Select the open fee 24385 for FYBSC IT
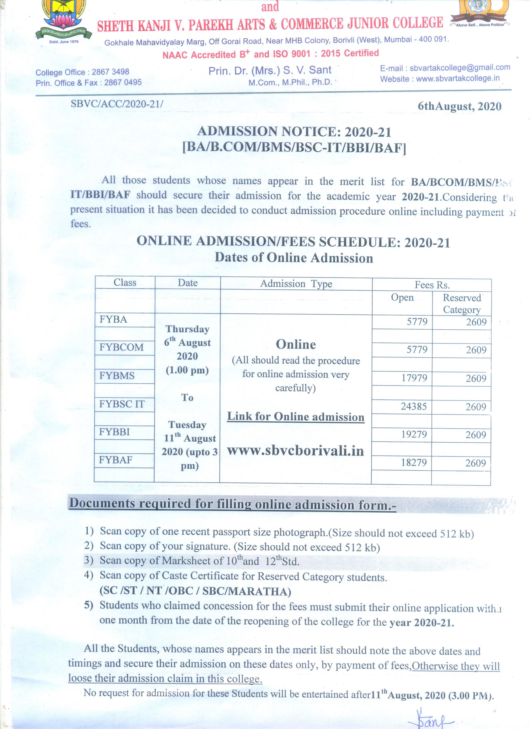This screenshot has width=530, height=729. click(x=414, y=406)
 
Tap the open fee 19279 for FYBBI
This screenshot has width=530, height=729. click(x=414, y=434)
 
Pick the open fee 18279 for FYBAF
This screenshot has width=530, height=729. click(x=414, y=463)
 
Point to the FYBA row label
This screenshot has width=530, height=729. click(x=113, y=319)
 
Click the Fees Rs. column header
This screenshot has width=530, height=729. click(x=432, y=285)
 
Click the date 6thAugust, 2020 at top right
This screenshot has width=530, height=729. click(x=459, y=106)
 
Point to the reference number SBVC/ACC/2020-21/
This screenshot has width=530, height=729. click(x=117, y=104)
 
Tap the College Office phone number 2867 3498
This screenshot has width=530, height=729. click(x=110, y=72)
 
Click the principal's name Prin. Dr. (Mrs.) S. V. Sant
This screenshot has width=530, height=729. click(x=270, y=70)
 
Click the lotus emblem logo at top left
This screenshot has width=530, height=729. click(x=64, y=19)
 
